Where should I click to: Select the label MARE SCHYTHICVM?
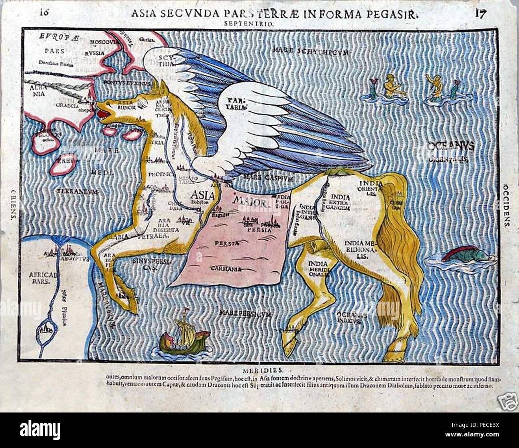tap(311, 51)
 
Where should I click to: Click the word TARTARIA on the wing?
tap(236, 103)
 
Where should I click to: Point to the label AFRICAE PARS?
tap(42, 277)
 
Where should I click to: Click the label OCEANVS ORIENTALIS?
tap(450, 152)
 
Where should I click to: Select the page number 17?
tap(480, 13)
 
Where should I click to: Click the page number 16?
tap(45, 12)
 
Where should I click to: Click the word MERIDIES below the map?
tap(260, 369)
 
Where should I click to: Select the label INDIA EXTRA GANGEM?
tap(340, 202)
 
